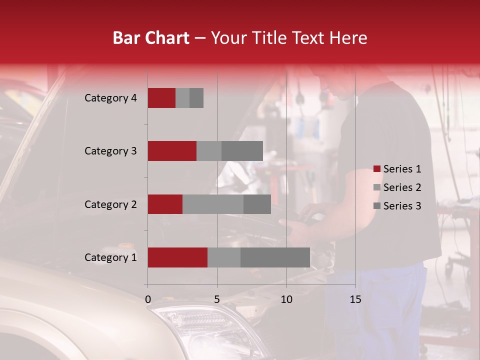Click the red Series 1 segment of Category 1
[177, 257]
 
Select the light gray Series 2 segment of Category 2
[213, 204]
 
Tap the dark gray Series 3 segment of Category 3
[242, 151]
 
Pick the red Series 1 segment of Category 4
[161, 98]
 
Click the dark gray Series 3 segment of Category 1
[275, 257]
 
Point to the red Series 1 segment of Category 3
[172, 151]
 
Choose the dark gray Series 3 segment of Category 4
[196, 98]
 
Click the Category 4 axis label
[110, 98]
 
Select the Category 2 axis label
[110, 204]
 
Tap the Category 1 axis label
[110, 257]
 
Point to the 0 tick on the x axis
[147, 299]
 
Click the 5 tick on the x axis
[217, 299]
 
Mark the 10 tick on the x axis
[286, 299]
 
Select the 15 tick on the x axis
[355, 299]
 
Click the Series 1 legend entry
[397, 169]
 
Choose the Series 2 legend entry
[397, 187]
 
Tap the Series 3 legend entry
[397, 206]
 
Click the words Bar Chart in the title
[151, 37]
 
